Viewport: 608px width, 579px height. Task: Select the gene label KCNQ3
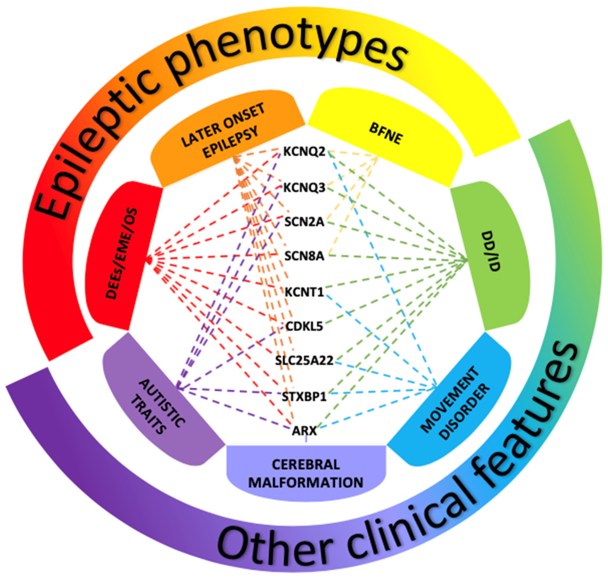point(304,187)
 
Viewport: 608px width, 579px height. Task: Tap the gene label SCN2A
point(304,222)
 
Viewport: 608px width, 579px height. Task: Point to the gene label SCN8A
point(304,256)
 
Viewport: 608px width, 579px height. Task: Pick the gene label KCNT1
point(304,292)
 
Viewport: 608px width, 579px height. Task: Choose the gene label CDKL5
point(304,326)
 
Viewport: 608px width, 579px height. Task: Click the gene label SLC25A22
point(304,360)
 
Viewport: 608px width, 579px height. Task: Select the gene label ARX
point(304,431)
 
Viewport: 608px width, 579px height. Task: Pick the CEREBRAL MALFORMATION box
point(305,472)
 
